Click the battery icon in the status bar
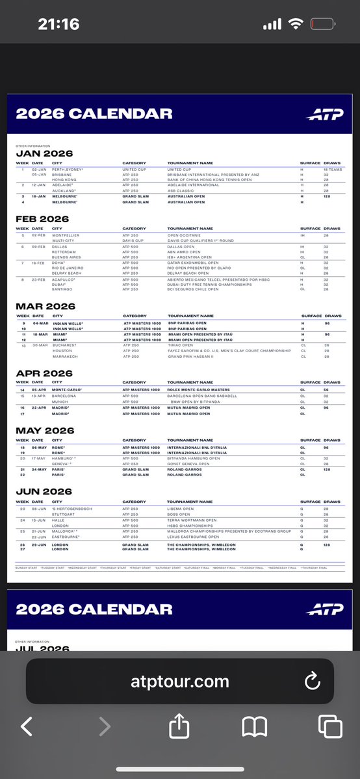pos(324,25)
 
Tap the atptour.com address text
pos(179,682)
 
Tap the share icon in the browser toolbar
pos(179,726)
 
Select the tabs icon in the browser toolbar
pos(330,726)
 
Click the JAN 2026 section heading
pos(44,153)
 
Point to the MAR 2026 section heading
pos(45,306)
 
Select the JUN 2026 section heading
pos(45,491)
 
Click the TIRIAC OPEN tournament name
pos(182,346)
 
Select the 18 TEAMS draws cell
pos(332,169)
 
